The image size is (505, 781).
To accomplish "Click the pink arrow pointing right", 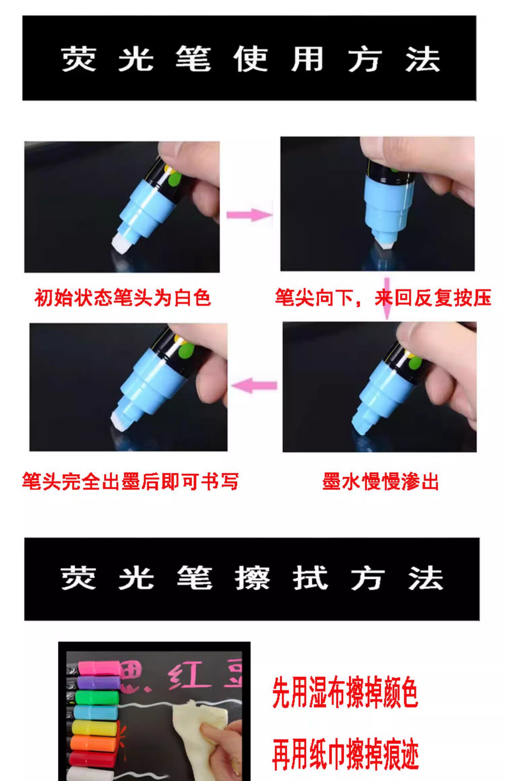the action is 249,215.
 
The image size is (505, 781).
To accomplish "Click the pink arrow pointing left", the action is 255,385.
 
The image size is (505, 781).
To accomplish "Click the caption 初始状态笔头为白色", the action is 123,298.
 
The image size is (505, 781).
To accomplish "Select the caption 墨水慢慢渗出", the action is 380,482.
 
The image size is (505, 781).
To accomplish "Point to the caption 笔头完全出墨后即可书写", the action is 131,481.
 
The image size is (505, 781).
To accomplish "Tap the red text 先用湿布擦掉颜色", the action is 345,692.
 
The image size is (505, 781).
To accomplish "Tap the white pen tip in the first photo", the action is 121,244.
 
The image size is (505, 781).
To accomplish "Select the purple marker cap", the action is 99,682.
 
